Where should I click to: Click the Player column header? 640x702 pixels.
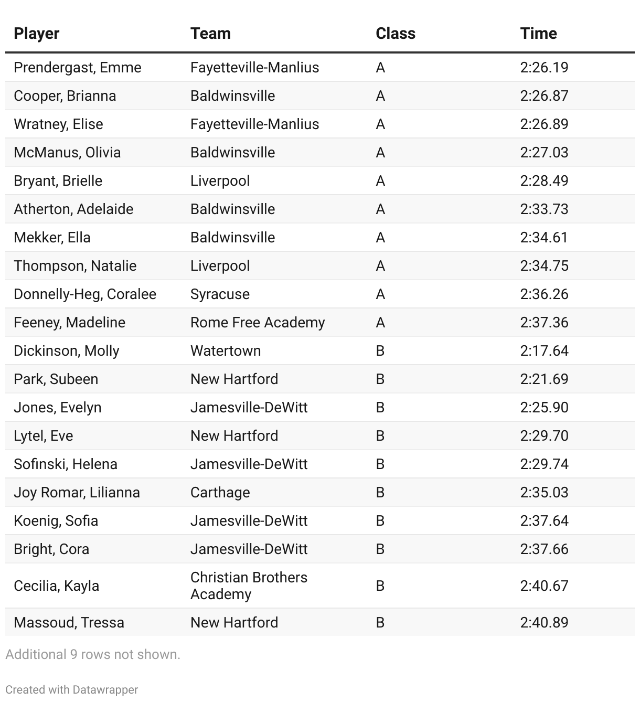[x=37, y=34]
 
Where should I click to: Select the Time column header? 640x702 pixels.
[x=538, y=34]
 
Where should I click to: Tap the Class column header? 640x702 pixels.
[x=396, y=34]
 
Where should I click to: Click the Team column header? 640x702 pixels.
[x=210, y=34]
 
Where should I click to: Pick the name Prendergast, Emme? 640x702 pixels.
[x=78, y=68]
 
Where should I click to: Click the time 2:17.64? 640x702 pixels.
[x=544, y=351]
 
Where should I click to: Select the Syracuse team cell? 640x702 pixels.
[x=220, y=294]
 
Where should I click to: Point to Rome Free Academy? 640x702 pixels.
[x=258, y=323]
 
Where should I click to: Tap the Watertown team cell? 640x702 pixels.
[x=226, y=351]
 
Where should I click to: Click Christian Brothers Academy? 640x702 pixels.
[x=249, y=586]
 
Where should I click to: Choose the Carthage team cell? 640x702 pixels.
[x=220, y=493]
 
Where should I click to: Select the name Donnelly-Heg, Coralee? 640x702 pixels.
[x=85, y=294]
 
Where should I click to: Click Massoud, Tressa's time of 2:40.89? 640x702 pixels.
[x=544, y=623]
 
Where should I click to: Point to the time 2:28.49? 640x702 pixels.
[x=544, y=181]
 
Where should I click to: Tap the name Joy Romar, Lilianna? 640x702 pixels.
[x=77, y=493]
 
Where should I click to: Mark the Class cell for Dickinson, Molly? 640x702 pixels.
[x=380, y=351]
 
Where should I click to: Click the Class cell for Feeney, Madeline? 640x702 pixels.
[x=380, y=323]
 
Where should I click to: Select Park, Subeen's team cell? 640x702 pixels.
[x=234, y=379]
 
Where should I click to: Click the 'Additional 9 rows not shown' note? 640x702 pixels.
[x=93, y=655]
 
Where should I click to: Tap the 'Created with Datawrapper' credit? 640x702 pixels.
[x=72, y=690]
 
